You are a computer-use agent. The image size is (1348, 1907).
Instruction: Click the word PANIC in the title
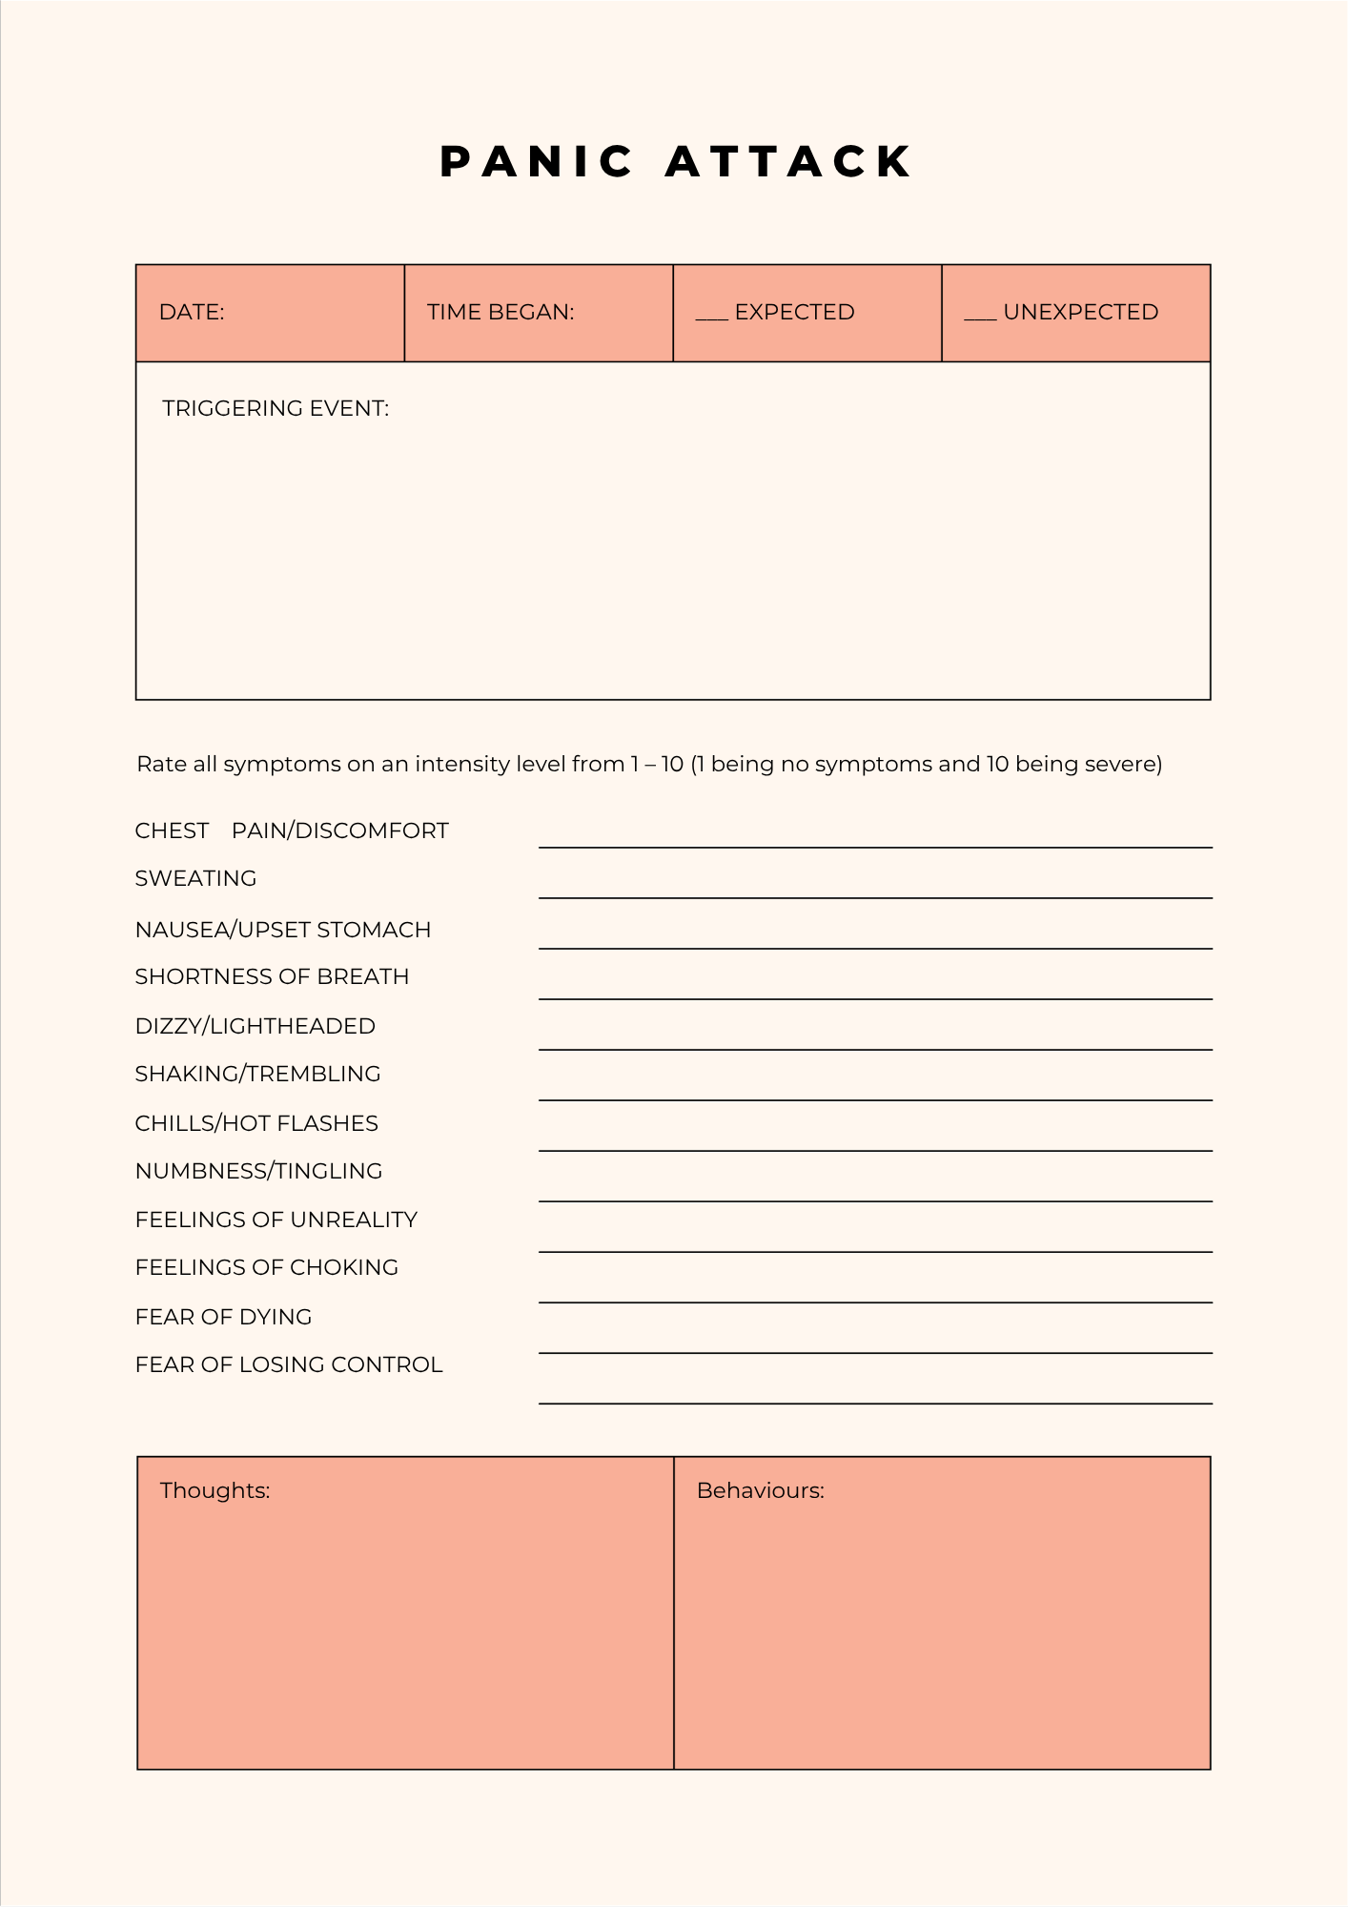click(x=537, y=162)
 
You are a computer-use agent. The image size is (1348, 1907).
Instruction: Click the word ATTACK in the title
click(x=789, y=162)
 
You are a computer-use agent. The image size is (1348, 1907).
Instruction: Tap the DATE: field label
click(x=192, y=312)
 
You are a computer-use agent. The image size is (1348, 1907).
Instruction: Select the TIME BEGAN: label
click(x=500, y=312)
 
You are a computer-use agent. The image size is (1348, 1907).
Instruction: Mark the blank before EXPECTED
click(x=711, y=316)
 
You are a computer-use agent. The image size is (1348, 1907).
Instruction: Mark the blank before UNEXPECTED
click(x=980, y=316)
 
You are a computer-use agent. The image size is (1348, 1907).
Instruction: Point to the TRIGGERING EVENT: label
click(x=276, y=408)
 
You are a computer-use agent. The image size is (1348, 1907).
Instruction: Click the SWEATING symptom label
click(x=195, y=878)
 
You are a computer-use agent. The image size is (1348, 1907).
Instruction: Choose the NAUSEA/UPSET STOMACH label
click(x=283, y=930)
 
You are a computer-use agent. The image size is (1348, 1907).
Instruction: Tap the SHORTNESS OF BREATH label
click(x=272, y=976)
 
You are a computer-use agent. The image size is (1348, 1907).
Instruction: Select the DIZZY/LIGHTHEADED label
click(x=255, y=1026)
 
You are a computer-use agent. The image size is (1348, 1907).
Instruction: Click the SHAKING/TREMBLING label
click(x=257, y=1074)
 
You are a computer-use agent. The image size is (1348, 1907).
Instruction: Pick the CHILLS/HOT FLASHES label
click(x=256, y=1123)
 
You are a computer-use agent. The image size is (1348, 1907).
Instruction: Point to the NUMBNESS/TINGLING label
click(x=258, y=1171)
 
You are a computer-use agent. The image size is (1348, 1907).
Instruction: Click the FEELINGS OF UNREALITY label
click(x=276, y=1220)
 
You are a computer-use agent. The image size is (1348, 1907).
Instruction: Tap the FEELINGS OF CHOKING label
click(x=267, y=1267)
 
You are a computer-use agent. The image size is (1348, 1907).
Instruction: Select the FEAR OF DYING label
click(x=224, y=1317)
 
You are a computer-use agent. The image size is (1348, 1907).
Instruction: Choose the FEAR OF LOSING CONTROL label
click(x=289, y=1364)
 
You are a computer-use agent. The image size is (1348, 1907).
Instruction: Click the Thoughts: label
click(x=214, y=1490)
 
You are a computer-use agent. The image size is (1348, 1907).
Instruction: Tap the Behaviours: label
click(x=760, y=1490)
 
